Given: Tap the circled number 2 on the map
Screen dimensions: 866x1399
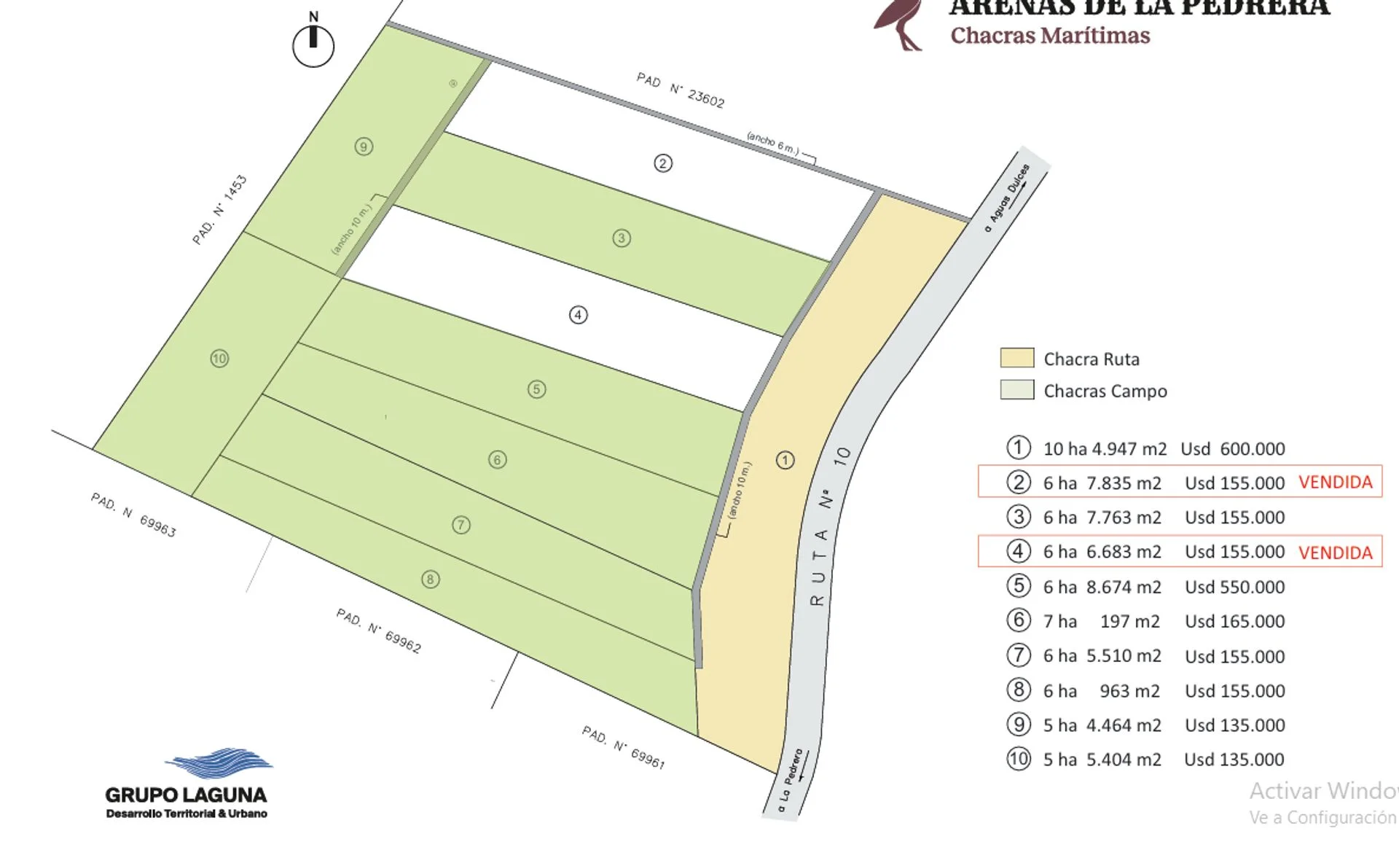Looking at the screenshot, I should [662, 163].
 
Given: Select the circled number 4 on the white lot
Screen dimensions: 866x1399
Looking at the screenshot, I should [578, 315].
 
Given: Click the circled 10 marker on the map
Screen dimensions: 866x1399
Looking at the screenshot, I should [219, 359].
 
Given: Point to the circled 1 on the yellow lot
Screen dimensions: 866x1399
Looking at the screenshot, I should [785, 460].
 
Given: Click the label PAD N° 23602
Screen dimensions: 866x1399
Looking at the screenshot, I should [681, 90].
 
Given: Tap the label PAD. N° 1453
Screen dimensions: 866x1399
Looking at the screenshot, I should [219, 210].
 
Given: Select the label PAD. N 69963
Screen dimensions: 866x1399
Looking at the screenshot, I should [133, 515].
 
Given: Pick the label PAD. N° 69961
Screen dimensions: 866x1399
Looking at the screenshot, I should [623, 747].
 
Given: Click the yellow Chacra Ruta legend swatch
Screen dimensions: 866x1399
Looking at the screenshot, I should [1016, 358].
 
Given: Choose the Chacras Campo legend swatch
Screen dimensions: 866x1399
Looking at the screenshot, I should [1016, 390].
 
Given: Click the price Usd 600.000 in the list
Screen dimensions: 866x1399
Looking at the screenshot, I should [1233, 449].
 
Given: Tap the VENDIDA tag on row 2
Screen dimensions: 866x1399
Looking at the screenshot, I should [1335, 483].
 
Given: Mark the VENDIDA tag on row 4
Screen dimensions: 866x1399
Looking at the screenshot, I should [1335, 553].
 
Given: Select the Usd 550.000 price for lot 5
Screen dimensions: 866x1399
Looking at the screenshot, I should [1234, 588].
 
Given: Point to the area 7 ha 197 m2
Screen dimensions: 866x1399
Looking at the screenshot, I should [1101, 622].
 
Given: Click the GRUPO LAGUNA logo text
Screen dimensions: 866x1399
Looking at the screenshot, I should [186, 795].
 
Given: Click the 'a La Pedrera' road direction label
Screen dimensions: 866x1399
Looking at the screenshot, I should [791, 781].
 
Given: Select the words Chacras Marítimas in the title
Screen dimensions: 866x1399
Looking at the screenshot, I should [1050, 36].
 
